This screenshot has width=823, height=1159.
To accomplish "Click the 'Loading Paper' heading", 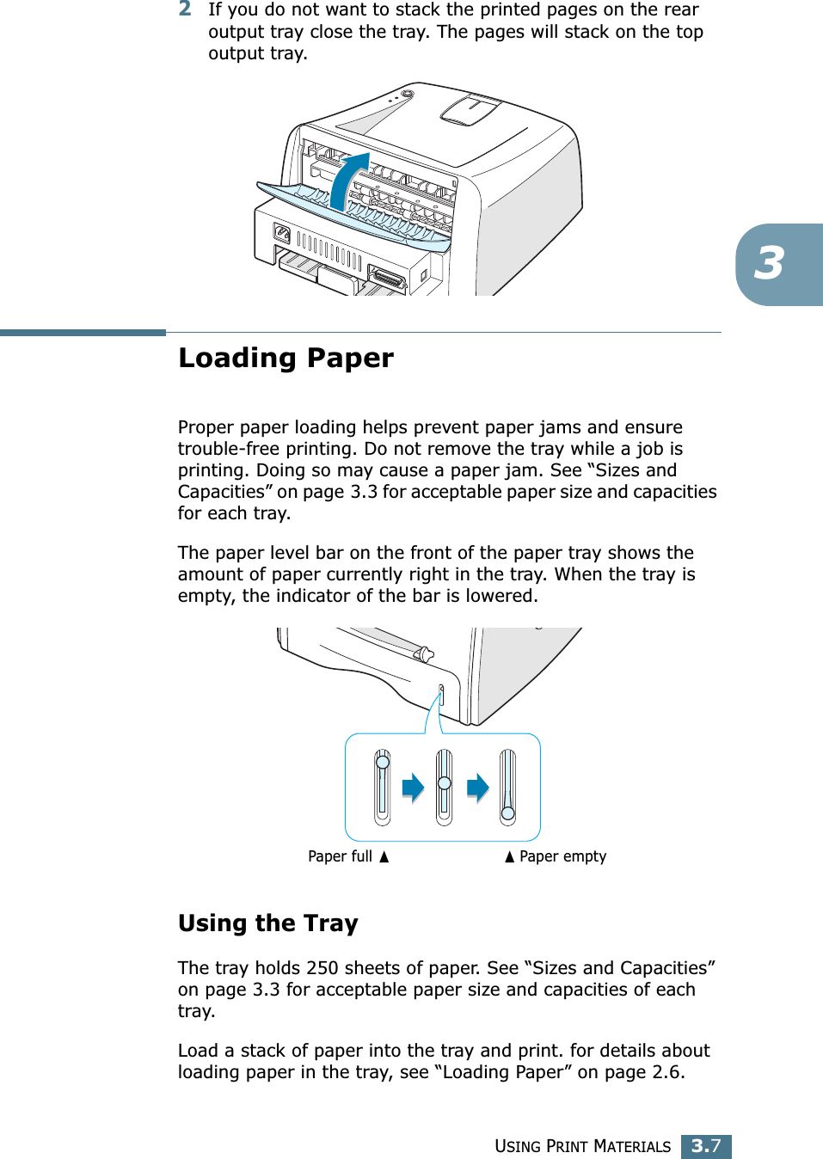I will click(286, 358).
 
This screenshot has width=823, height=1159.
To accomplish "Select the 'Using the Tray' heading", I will click(267, 923).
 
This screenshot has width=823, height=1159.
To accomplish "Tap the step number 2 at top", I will click(185, 9).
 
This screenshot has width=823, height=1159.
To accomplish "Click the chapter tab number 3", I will click(770, 264).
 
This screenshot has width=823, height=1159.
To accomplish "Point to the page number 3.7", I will click(706, 1146).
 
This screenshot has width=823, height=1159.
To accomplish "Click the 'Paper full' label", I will click(340, 856).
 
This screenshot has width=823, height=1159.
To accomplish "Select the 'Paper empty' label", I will click(562, 856).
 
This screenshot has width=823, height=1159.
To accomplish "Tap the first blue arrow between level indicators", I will click(414, 787).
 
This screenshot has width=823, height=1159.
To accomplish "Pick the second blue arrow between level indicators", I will click(478, 787).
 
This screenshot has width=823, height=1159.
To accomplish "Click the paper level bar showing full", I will click(382, 787).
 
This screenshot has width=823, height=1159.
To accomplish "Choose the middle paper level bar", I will click(444, 787).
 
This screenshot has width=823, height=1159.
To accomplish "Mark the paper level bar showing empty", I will click(508, 787).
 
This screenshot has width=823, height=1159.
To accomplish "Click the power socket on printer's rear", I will click(281, 233).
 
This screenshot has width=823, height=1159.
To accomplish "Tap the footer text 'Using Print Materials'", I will click(582, 1146).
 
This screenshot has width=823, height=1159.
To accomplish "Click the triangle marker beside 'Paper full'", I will click(384, 856).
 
